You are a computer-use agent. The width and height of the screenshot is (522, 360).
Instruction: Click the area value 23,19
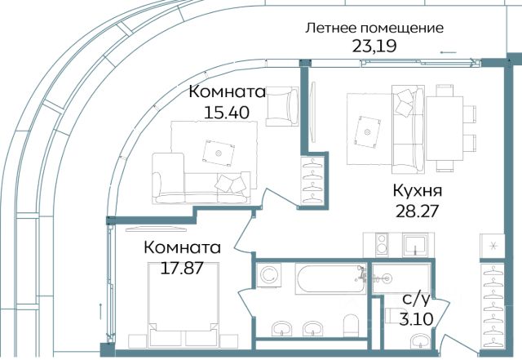374,47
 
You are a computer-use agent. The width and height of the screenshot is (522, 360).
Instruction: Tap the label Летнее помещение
374,29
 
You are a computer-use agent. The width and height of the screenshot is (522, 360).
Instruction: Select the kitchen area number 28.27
417,211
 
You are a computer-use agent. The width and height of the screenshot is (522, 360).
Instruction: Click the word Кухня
418,191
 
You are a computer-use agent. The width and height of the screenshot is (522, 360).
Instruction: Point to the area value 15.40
227,113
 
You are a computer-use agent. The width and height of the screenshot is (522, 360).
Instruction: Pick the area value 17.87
181,268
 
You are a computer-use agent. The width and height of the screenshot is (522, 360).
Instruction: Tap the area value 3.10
417,319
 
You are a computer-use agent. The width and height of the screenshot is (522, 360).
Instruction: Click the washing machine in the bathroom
268,274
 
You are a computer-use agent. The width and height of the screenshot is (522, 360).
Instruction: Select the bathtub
330,278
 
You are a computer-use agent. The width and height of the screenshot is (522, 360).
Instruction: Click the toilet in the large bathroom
351,325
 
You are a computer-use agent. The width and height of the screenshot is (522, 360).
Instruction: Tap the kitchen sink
415,244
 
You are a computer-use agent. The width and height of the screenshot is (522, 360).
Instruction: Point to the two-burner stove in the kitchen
382,244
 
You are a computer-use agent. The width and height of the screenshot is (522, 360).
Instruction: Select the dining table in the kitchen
445,128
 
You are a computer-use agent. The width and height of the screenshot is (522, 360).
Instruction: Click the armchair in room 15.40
282,106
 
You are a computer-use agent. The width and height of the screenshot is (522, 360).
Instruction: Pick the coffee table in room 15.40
219,153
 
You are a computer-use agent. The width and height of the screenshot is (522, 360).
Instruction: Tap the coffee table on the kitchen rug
367,132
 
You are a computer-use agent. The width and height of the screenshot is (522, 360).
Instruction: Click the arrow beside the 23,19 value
448,52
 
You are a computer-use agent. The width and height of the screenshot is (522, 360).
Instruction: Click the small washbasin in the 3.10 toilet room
421,341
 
